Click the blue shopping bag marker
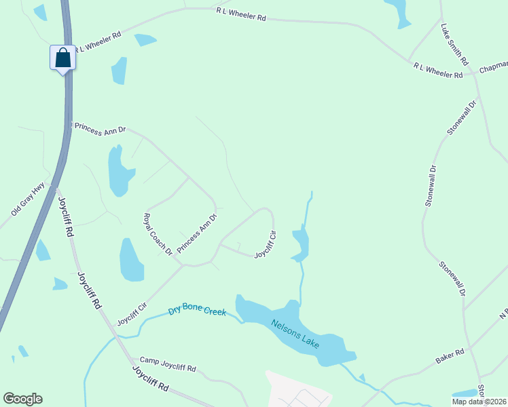pos(62,58)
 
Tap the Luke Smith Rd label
pos(454,45)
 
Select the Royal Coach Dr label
pos(157,235)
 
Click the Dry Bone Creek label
pos(197,312)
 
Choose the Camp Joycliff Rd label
pos(168,364)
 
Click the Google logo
pos(22,399)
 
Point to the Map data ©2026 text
pos(479,402)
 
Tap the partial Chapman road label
pos(494,68)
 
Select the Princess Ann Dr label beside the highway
pos(101,129)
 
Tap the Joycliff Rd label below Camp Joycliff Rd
pos(151,379)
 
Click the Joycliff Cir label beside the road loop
pos(266,246)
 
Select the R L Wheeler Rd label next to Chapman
pos(438,70)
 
